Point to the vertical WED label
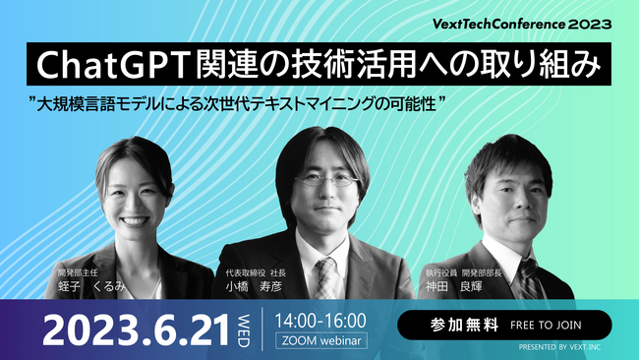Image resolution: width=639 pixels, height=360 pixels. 246,330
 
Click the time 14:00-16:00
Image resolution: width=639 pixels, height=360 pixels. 320,320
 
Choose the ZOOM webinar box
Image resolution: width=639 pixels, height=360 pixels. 320,341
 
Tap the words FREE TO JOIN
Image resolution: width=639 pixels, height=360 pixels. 550,325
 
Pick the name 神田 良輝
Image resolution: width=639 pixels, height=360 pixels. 454,284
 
